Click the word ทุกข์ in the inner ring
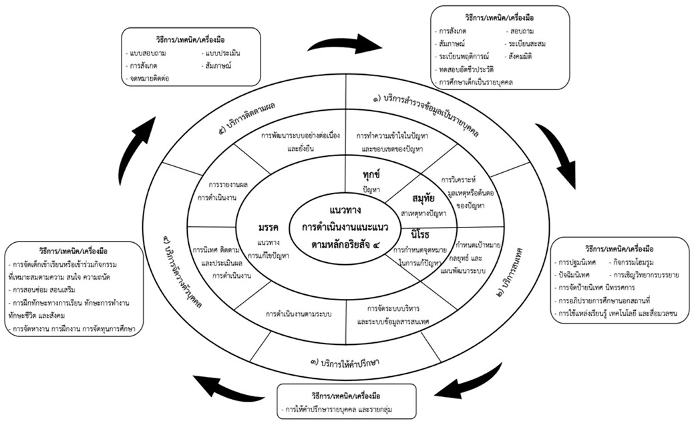[x=366, y=177]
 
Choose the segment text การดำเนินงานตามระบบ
[x=299, y=314]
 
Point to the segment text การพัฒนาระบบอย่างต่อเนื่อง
[x=301, y=136]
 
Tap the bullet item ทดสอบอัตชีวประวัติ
[x=467, y=70]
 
